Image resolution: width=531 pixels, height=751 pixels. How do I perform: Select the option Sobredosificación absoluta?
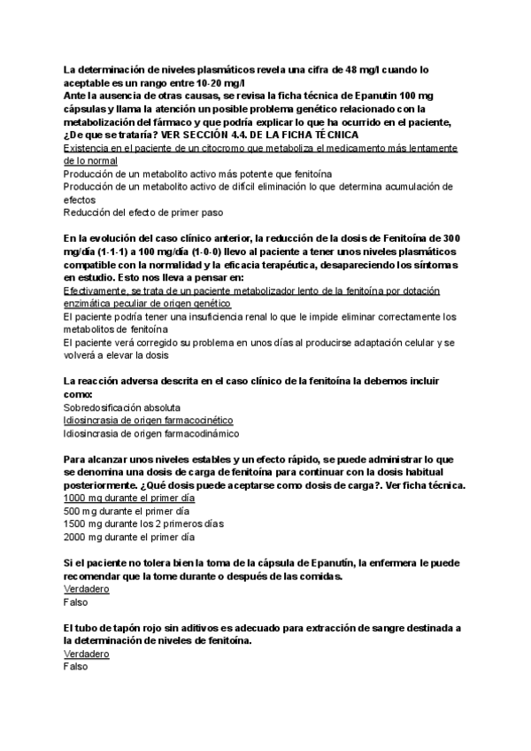(x=122, y=407)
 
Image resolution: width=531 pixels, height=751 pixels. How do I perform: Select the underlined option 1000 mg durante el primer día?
(x=128, y=499)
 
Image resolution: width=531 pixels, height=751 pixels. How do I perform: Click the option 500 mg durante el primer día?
(x=127, y=511)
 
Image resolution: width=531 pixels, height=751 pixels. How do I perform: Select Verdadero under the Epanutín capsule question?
(x=87, y=589)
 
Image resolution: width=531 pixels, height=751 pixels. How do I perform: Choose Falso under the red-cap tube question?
(x=76, y=666)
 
